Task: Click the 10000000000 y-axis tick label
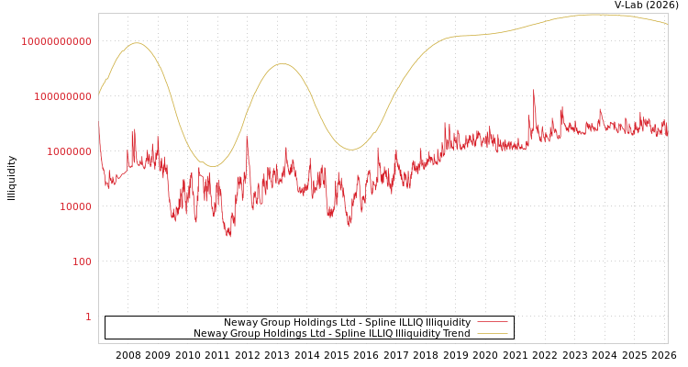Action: click(57, 41)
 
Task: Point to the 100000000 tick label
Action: click(62, 96)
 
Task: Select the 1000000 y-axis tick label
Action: click(68, 151)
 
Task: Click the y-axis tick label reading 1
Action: click(88, 317)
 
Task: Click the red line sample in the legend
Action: click(493, 323)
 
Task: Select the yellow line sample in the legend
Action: click(493, 334)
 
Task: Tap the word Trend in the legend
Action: click(455, 334)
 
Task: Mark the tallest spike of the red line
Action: click(534, 91)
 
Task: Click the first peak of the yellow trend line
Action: click(137, 43)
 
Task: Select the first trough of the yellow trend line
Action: click(214, 166)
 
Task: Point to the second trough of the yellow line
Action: click(351, 150)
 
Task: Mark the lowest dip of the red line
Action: click(229, 236)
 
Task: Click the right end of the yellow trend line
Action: click(667, 24)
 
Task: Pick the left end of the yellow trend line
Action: click(99, 93)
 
